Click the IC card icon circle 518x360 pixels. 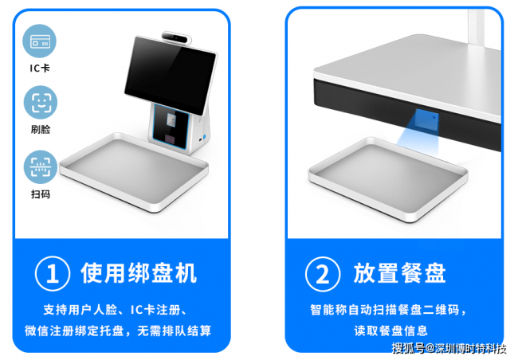(x=40, y=41)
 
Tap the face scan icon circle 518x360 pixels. (x=41, y=103)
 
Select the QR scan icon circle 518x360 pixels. (x=41, y=166)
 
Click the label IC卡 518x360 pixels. (x=40, y=68)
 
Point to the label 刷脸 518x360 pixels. (x=41, y=129)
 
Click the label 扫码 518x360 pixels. (x=41, y=194)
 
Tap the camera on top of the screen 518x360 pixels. (x=177, y=38)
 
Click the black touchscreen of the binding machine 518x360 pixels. (x=170, y=74)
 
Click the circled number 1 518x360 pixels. (x=53, y=273)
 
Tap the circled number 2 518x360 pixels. (x=323, y=274)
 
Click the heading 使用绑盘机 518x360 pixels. (x=139, y=273)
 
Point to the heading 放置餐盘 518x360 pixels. (x=400, y=273)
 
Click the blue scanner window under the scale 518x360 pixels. (x=427, y=119)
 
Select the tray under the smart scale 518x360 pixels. (x=388, y=178)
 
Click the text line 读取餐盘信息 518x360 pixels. (x=391, y=331)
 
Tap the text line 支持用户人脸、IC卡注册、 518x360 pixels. (x=115, y=310)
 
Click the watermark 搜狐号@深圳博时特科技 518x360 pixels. (x=449, y=348)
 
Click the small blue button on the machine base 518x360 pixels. (x=204, y=137)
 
